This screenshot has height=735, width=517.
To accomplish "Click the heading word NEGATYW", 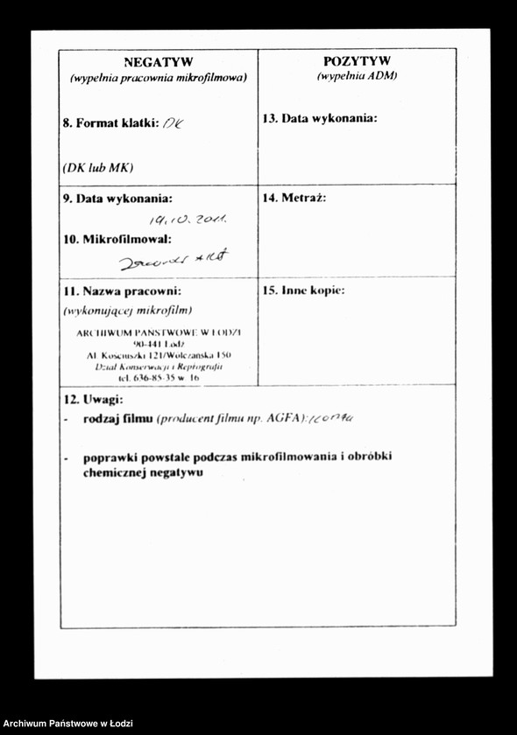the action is click(159, 62).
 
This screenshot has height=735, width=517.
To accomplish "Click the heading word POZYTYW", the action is click(357, 61).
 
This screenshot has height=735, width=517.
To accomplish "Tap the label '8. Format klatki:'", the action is click(110, 123).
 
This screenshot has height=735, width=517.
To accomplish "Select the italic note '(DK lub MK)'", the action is click(98, 167).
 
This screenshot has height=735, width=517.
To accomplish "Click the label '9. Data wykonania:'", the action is click(117, 199).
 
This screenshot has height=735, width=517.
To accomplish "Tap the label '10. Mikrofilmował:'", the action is click(117, 239).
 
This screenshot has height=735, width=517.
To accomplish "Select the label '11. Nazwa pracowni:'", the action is click(121, 290).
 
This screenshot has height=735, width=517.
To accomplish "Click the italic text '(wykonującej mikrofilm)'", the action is click(128, 310).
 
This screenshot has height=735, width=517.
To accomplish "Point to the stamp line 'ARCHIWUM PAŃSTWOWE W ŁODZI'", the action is click(159, 332).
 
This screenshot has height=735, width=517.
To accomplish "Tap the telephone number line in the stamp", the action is click(159, 378).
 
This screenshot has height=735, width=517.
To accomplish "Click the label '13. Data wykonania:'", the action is click(320, 118).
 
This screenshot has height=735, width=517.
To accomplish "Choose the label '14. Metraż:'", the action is click(294, 198).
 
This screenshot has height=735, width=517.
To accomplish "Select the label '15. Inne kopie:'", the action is click(303, 290).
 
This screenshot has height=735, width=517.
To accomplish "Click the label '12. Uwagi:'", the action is click(93, 400).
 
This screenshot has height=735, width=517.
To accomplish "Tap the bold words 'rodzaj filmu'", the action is click(118, 418).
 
